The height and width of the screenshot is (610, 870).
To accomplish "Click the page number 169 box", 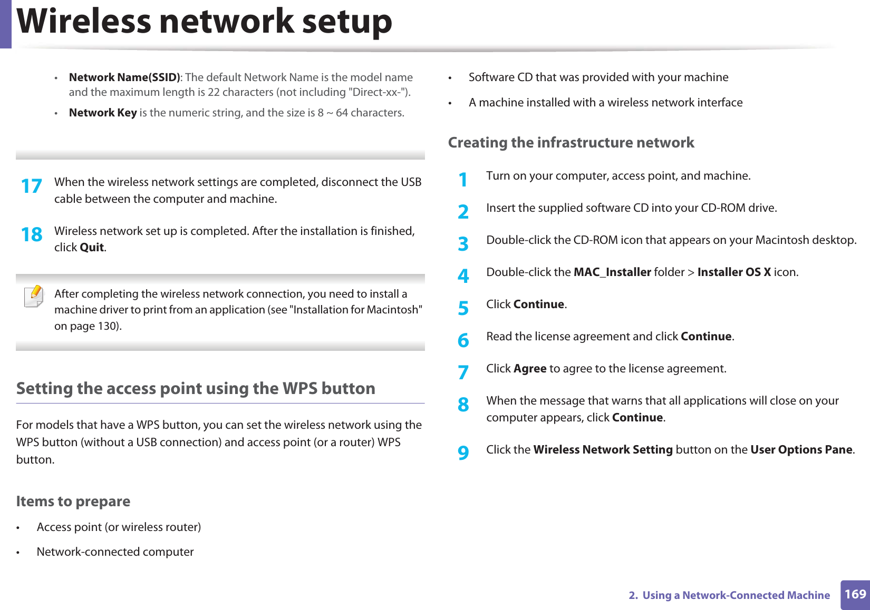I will tap(855, 595).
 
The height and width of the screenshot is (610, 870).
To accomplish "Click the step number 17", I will tap(32, 186).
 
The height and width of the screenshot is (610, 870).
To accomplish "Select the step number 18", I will tap(32, 235).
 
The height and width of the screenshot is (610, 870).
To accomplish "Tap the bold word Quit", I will tap(92, 248).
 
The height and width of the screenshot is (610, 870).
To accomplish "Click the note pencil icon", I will tap(34, 296).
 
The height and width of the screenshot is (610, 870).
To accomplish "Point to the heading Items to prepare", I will tap(73, 501).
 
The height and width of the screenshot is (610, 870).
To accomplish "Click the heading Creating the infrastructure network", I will tap(571, 143).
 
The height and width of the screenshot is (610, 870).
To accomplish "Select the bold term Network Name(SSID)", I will tap(124, 77).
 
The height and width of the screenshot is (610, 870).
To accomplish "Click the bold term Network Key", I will tap(103, 113).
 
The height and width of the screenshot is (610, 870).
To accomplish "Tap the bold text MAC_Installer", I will tap(612, 272).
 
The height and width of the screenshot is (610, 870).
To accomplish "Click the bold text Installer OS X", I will tap(734, 272).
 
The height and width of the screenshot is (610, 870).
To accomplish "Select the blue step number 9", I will tap(463, 452).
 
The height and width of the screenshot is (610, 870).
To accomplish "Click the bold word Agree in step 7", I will tap(530, 369).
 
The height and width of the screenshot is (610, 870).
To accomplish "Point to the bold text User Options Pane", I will tap(801, 450).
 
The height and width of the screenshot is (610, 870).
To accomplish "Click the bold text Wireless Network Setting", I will tap(603, 450).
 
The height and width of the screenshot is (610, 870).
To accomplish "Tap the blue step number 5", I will tap(463, 308).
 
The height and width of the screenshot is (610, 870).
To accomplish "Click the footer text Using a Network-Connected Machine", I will tap(736, 595).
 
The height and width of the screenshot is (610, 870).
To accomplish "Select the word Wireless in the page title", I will tap(84, 22).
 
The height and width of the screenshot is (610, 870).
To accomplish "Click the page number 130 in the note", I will tap(108, 326).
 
